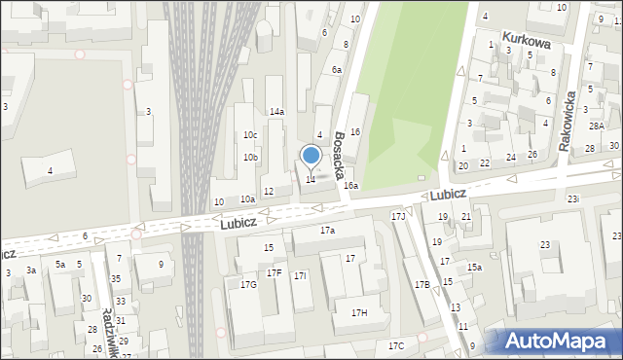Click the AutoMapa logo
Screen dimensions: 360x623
561,342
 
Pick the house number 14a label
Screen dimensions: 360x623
276,112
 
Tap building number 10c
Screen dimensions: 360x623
250,134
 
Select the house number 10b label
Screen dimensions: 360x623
250,157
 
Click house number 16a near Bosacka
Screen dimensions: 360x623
350,185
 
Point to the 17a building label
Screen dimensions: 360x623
327,231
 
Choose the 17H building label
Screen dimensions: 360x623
358,312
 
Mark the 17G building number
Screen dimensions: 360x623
248,284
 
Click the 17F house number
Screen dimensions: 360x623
275,272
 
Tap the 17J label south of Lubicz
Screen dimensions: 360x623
397,216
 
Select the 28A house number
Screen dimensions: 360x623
596,126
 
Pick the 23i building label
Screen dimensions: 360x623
573,199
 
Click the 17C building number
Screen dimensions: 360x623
395,345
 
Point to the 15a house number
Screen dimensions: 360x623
474,267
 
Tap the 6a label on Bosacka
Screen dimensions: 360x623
336,70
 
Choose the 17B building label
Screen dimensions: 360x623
421,284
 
